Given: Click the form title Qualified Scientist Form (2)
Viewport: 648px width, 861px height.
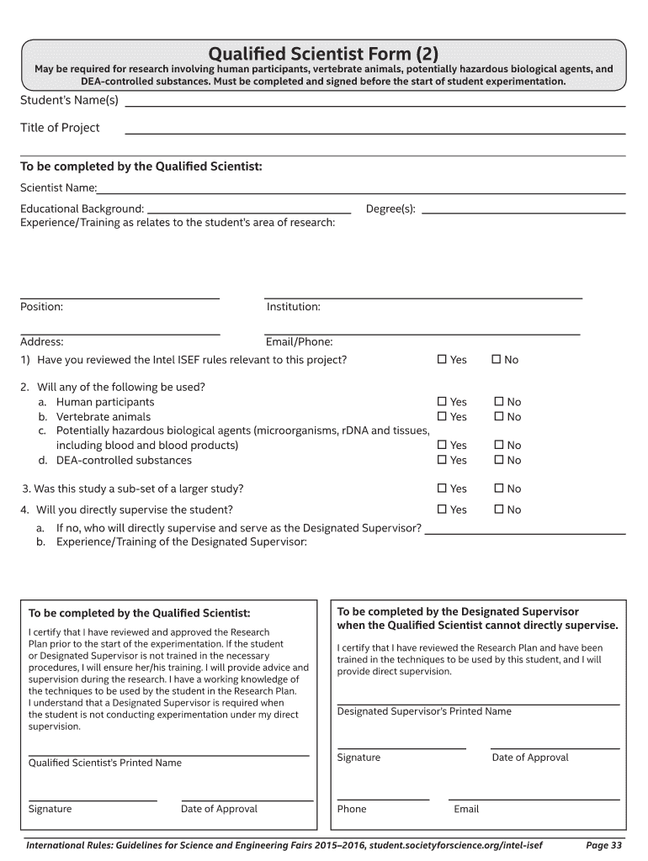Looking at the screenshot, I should point(323,53).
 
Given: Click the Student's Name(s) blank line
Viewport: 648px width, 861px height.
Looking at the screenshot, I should point(374,107).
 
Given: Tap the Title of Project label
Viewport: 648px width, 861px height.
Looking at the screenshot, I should point(60,128).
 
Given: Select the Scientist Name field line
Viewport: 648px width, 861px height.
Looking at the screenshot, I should point(362,193).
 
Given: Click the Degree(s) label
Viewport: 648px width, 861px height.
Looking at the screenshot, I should point(390,209).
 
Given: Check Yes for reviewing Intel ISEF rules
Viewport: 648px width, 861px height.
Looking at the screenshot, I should point(442,360).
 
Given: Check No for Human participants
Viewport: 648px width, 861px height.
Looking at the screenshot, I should point(498,402).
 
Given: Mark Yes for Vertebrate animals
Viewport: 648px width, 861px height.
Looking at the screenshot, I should point(442,416).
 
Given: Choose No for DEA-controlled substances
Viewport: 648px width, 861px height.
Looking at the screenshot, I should point(498,460).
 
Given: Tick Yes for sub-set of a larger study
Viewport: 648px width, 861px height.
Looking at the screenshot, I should point(442,489).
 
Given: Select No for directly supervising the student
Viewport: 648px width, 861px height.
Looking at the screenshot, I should point(498,510).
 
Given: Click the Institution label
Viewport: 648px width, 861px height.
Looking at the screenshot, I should point(293,307).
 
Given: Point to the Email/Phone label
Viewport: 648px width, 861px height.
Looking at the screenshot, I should point(299,341).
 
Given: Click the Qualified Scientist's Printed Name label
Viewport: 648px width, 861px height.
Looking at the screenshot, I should point(105,763).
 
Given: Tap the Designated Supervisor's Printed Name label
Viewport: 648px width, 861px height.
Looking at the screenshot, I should point(424,711).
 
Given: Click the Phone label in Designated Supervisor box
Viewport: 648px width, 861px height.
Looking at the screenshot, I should point(352,809).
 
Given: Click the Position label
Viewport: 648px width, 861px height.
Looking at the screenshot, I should point(41,307).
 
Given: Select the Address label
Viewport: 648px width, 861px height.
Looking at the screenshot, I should point(42,341).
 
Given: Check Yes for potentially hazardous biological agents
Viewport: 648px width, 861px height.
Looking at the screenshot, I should point(442,445).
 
